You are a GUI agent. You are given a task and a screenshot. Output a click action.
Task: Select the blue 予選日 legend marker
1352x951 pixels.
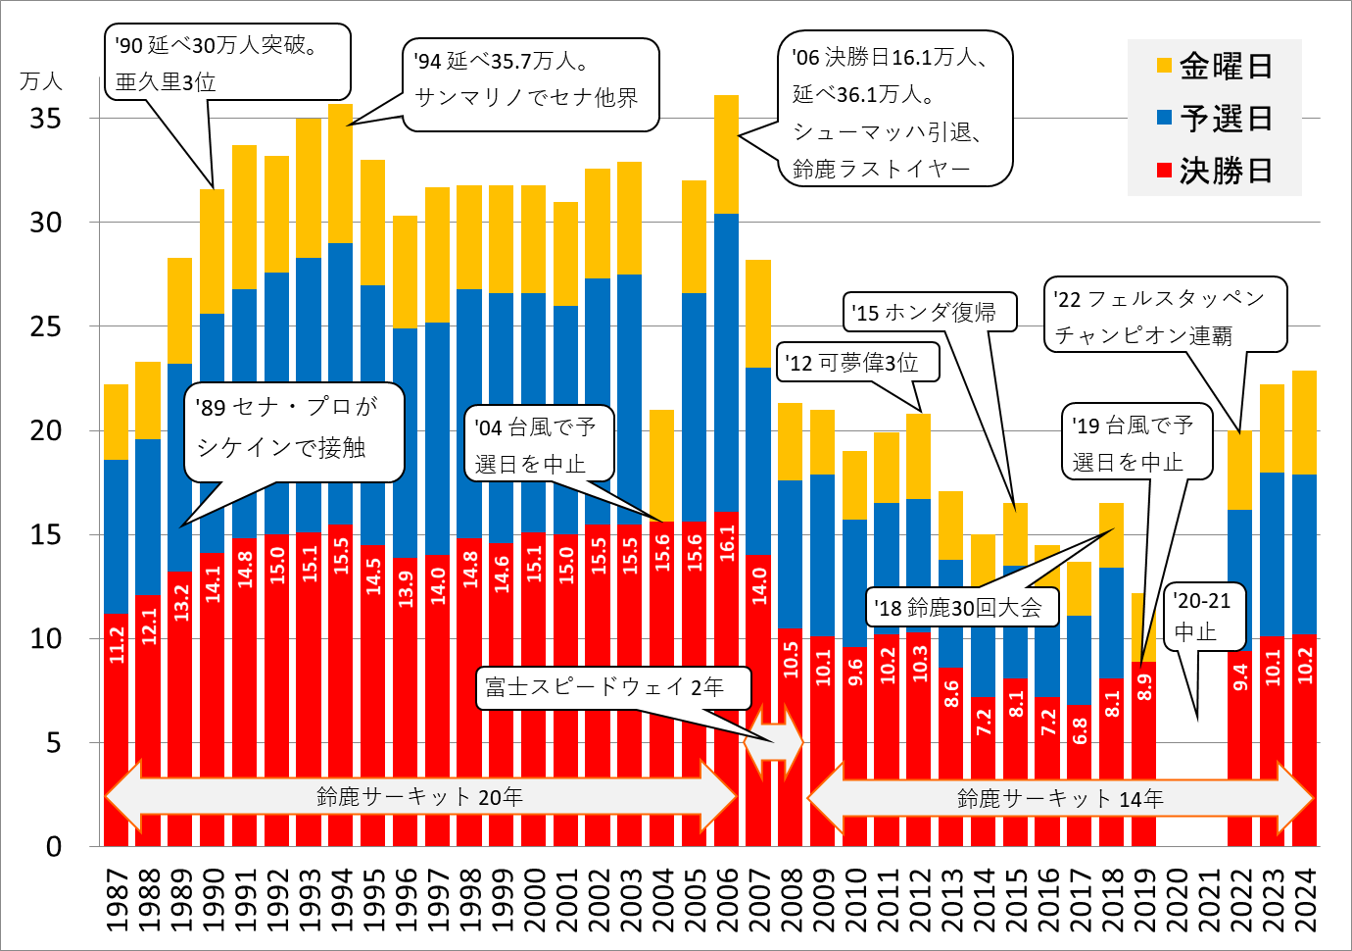pos(1165,118)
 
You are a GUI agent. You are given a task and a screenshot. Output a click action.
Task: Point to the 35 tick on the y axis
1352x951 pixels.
pos(45,119)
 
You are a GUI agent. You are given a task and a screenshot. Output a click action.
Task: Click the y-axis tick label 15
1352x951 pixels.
pos(45,535)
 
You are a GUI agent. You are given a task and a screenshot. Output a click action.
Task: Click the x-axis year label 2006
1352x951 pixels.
pos(726,900)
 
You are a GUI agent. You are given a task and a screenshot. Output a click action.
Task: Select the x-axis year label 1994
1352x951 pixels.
pos(341,900)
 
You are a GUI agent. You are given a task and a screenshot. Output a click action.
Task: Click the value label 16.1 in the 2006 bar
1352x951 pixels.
pos(726,540)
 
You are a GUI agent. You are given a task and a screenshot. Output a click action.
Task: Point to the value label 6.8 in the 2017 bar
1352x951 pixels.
pos(1080,731)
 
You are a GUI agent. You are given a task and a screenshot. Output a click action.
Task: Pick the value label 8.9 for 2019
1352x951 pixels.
pos(1143,686)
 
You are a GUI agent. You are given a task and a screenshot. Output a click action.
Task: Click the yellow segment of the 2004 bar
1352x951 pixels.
pos(661,465)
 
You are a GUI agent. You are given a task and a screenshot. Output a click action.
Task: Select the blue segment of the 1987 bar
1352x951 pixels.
pos(116,535)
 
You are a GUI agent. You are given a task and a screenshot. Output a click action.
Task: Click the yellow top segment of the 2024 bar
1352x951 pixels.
pos(1304,422)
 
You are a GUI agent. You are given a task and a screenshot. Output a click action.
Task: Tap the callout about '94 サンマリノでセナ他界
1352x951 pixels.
pos(529,84)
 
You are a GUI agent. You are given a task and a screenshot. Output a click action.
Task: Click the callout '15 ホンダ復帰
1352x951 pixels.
pos(928,312)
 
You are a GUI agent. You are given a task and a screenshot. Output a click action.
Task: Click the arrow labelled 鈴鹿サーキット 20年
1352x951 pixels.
pos(419,796)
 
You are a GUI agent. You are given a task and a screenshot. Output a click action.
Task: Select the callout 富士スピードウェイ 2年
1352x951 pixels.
pos(613,686)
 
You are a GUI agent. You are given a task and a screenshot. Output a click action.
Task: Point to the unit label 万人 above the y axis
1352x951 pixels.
pos(41,81)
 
